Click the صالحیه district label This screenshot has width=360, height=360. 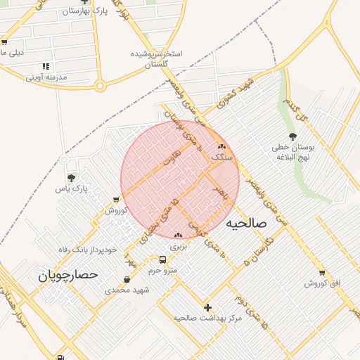(247, 223)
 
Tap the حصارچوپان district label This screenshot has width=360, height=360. (69, 276)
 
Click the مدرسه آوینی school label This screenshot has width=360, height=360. (46, 77)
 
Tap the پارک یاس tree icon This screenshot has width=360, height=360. (70, 178)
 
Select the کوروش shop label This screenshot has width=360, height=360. (115, 210)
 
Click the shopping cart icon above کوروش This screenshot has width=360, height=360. (115, 200)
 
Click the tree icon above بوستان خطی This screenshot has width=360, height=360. (292, 136)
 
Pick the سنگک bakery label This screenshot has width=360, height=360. (222, 157)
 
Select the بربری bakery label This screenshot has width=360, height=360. (178, 247)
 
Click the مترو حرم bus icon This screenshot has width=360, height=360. (163, 259)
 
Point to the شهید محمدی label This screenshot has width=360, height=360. (127, 290)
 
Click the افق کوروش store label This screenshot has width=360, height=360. (322, 283)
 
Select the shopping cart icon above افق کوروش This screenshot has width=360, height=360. (322, 273)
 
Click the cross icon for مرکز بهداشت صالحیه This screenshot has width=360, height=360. (207, 307)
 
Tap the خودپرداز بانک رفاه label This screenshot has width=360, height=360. (86, 249)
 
